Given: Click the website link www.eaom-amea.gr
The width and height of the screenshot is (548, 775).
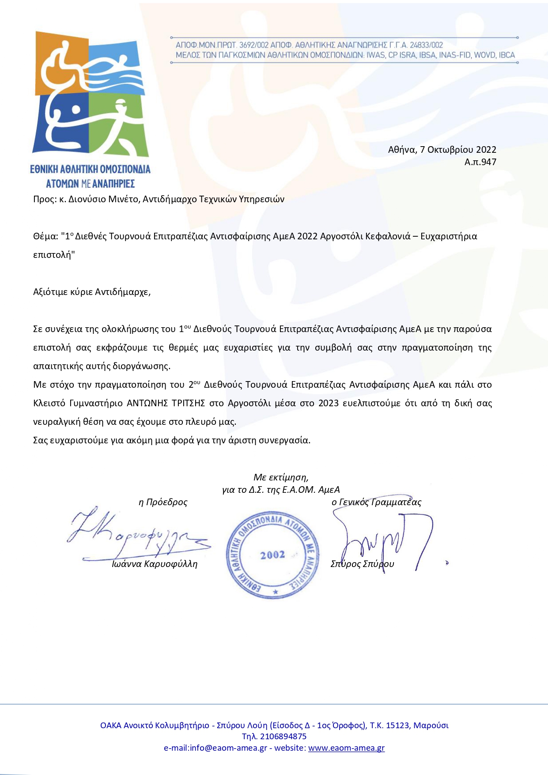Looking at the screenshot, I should coord(346,748).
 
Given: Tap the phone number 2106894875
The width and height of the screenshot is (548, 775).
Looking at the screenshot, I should coord(283,736).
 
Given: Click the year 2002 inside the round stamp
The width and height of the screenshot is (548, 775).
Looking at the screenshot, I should coord(272,555).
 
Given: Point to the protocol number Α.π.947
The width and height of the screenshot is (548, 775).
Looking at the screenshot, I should coord(480,162).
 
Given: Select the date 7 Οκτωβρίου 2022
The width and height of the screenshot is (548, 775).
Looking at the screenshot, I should coord(458,150).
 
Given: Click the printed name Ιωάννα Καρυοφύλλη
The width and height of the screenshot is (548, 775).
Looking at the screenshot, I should coord(154,564).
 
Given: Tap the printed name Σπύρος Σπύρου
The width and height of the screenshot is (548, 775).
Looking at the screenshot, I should coord(362,564).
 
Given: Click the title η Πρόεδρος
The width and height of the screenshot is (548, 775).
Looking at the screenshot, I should coord(163,502).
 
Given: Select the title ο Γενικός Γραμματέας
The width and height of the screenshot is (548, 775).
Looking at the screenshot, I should coord(376,502).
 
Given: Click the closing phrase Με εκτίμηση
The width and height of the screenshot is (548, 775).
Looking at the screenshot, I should coord(281,477).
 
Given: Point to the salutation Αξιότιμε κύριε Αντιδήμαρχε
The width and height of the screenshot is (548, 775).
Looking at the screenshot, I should coord(92,292).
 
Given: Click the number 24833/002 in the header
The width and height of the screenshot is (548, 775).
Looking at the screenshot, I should coord(426,45).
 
